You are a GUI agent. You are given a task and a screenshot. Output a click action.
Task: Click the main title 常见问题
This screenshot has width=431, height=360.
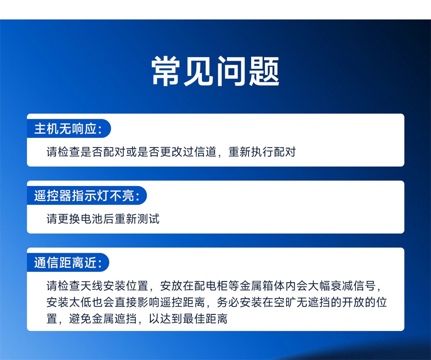pyautogui.click(x=215, y=71)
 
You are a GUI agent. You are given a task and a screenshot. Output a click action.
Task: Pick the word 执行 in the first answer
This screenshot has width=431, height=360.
pyautogui.click(x=262, y=152)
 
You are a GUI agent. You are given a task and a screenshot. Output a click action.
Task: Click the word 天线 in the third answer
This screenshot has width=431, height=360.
pyautogui.click(x=92, y=286)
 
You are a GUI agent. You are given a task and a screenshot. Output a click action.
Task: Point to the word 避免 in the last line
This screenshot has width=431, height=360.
pyautogui.click(x=81, y=319)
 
